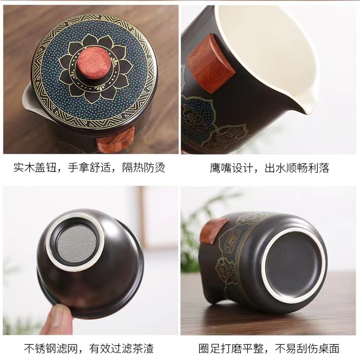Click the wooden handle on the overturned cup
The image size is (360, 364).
click(214, 231)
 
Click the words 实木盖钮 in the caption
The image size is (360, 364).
click(35, 168)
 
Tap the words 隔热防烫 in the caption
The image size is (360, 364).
click(144, 168)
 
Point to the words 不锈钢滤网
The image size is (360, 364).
click(51, 349)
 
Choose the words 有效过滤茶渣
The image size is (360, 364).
click(121, 349)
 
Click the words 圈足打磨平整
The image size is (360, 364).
click(231, 349)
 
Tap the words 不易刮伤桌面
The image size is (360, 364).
click(307, 349)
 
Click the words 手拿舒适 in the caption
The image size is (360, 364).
click(89, 168)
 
